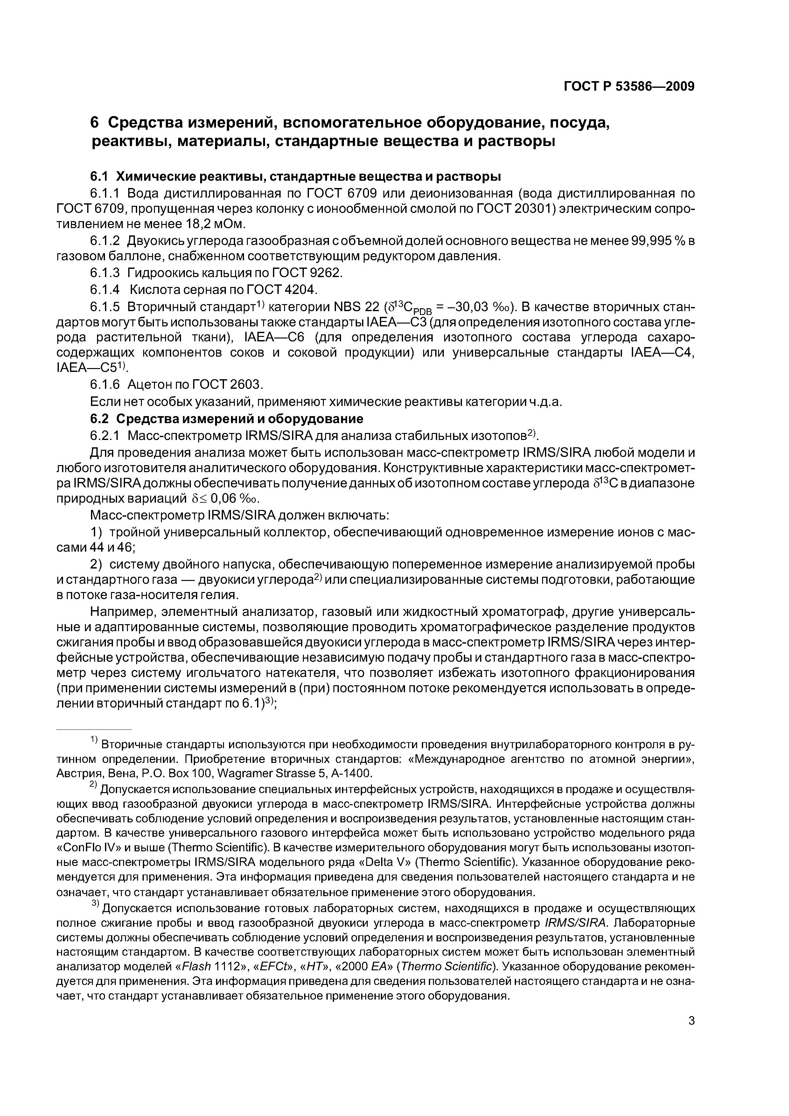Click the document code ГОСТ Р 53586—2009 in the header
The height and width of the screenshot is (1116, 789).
point(629,87)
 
